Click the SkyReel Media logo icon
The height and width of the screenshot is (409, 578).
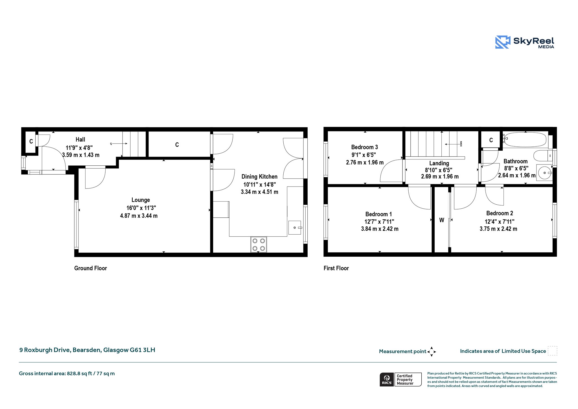click(x=503, y=42)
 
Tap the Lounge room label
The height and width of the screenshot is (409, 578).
click(x=141, y=200)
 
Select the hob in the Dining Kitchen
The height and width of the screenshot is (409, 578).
click(x=259, y=244)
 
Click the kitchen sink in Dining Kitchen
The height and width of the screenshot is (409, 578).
click(x=295, y=228)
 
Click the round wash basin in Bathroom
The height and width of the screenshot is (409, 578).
click(x=545, y=173)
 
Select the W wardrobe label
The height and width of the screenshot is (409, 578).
click(x=442, y=220)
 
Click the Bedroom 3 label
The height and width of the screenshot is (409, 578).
click(x=364, y=147)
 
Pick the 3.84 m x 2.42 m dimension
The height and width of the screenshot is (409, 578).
click(x=380, y=229)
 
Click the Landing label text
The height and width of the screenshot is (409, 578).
click(x=439, y=163)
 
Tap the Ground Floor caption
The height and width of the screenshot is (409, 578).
click(x=91, y=268)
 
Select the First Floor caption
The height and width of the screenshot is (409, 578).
click(x=336, y=268)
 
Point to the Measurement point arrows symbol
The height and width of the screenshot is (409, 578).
click(x=432, y=352)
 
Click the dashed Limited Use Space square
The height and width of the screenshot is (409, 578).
click(x=552, y=351)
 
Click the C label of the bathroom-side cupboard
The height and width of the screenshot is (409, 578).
click(x=491, y=140)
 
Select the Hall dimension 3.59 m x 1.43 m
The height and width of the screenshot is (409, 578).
click(x=81, y=155)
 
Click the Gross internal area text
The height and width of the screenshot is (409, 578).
click(x=67, y=373)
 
